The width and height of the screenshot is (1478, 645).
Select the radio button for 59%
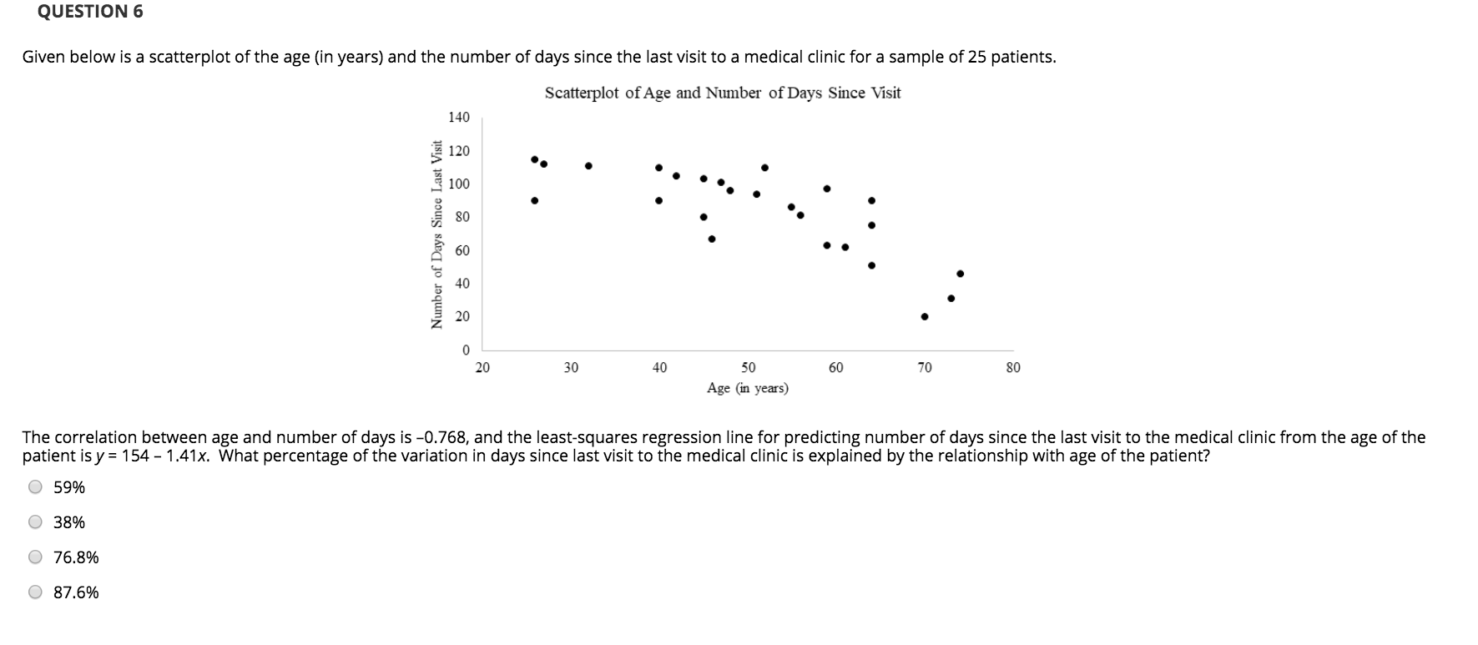[35, 487]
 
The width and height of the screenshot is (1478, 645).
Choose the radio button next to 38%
[35, 522]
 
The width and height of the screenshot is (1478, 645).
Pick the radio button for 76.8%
[35, 557]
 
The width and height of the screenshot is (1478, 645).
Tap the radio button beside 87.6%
[35, 592]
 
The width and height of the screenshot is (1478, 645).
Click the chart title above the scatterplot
[723, 93]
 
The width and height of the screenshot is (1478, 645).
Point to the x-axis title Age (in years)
[747, 388]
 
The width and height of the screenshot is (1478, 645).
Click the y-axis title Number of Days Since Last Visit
[436, 234]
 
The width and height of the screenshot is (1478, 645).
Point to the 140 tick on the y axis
[459, 118]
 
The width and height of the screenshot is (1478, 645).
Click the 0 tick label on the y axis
[466, 350]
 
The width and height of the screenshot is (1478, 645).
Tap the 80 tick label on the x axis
[1012, 368]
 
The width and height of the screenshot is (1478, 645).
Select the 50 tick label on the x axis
[748, 368]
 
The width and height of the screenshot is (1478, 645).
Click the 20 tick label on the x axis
[482, 368]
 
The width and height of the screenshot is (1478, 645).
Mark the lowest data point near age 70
[924, 316]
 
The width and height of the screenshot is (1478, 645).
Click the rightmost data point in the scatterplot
[960, 274]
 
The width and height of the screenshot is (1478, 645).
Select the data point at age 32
[588, 165]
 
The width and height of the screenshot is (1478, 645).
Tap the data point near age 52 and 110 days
[764, 168]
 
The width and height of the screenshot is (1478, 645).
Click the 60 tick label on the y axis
[462, 250]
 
